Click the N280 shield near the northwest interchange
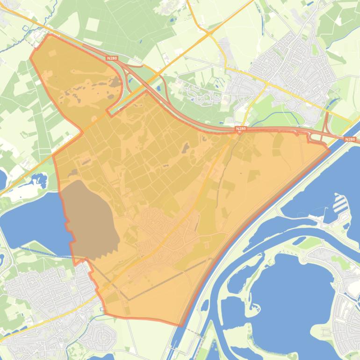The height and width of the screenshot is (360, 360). [x=112, y=58]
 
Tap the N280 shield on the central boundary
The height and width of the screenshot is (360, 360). [x=240, y=129]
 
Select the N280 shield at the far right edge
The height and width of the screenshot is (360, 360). [x=350, y=139]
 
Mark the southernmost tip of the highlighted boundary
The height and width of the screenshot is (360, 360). [x=180, y=325]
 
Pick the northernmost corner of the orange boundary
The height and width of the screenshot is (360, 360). [x=49, y=34]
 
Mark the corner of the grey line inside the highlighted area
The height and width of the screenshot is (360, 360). [x=128, y=299]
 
